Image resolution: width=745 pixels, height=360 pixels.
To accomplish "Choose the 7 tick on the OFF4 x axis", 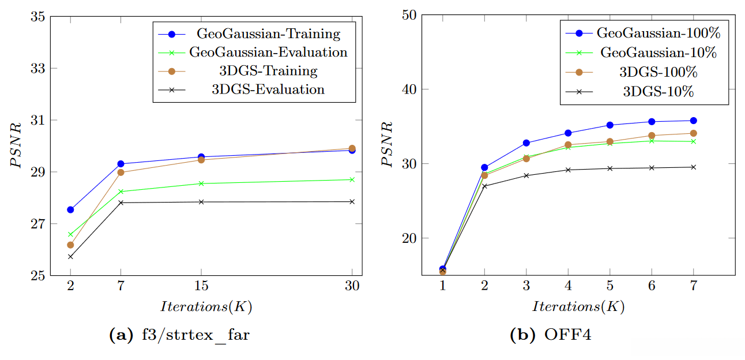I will click(693, 287).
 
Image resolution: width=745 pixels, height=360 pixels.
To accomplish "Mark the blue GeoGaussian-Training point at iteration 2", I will click(70, 209).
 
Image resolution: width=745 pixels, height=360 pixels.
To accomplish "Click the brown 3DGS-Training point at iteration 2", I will click(70, 245).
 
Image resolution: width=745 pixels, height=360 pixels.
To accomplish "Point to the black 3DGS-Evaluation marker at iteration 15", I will click(201, 202).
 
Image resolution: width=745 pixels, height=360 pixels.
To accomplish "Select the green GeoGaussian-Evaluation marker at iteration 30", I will click(352, 179).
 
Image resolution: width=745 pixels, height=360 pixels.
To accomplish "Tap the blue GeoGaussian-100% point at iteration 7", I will click(694, 121).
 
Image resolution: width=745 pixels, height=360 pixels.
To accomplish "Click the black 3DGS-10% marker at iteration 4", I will click(568, 170).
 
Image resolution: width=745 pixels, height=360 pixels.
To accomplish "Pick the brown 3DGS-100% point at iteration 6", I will click(652, 136).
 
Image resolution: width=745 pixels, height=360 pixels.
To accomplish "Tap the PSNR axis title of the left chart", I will click(18, 145).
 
